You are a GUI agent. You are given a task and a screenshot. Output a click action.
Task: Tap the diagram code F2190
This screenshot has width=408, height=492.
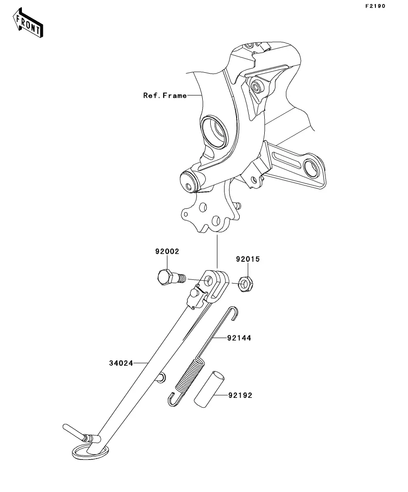point(375,6)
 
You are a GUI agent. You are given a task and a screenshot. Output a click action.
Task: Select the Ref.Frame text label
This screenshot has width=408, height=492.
point(165,95)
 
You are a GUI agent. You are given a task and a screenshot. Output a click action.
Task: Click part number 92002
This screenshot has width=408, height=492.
point(167,252)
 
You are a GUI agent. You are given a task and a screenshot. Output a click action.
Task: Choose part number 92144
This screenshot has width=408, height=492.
point(238,338)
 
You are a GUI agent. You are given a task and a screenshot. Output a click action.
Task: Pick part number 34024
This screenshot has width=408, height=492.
point(121,363)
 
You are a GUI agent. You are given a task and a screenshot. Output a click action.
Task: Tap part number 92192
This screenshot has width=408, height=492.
point(240,395)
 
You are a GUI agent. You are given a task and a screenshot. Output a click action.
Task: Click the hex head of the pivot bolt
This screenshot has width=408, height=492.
point(165,278)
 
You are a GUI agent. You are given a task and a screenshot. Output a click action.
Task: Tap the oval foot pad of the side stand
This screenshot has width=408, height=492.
point(90,450)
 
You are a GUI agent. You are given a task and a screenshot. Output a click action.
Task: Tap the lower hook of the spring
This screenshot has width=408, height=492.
point(174,399)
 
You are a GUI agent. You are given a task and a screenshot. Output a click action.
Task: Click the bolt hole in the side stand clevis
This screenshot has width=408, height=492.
point(209,281)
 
